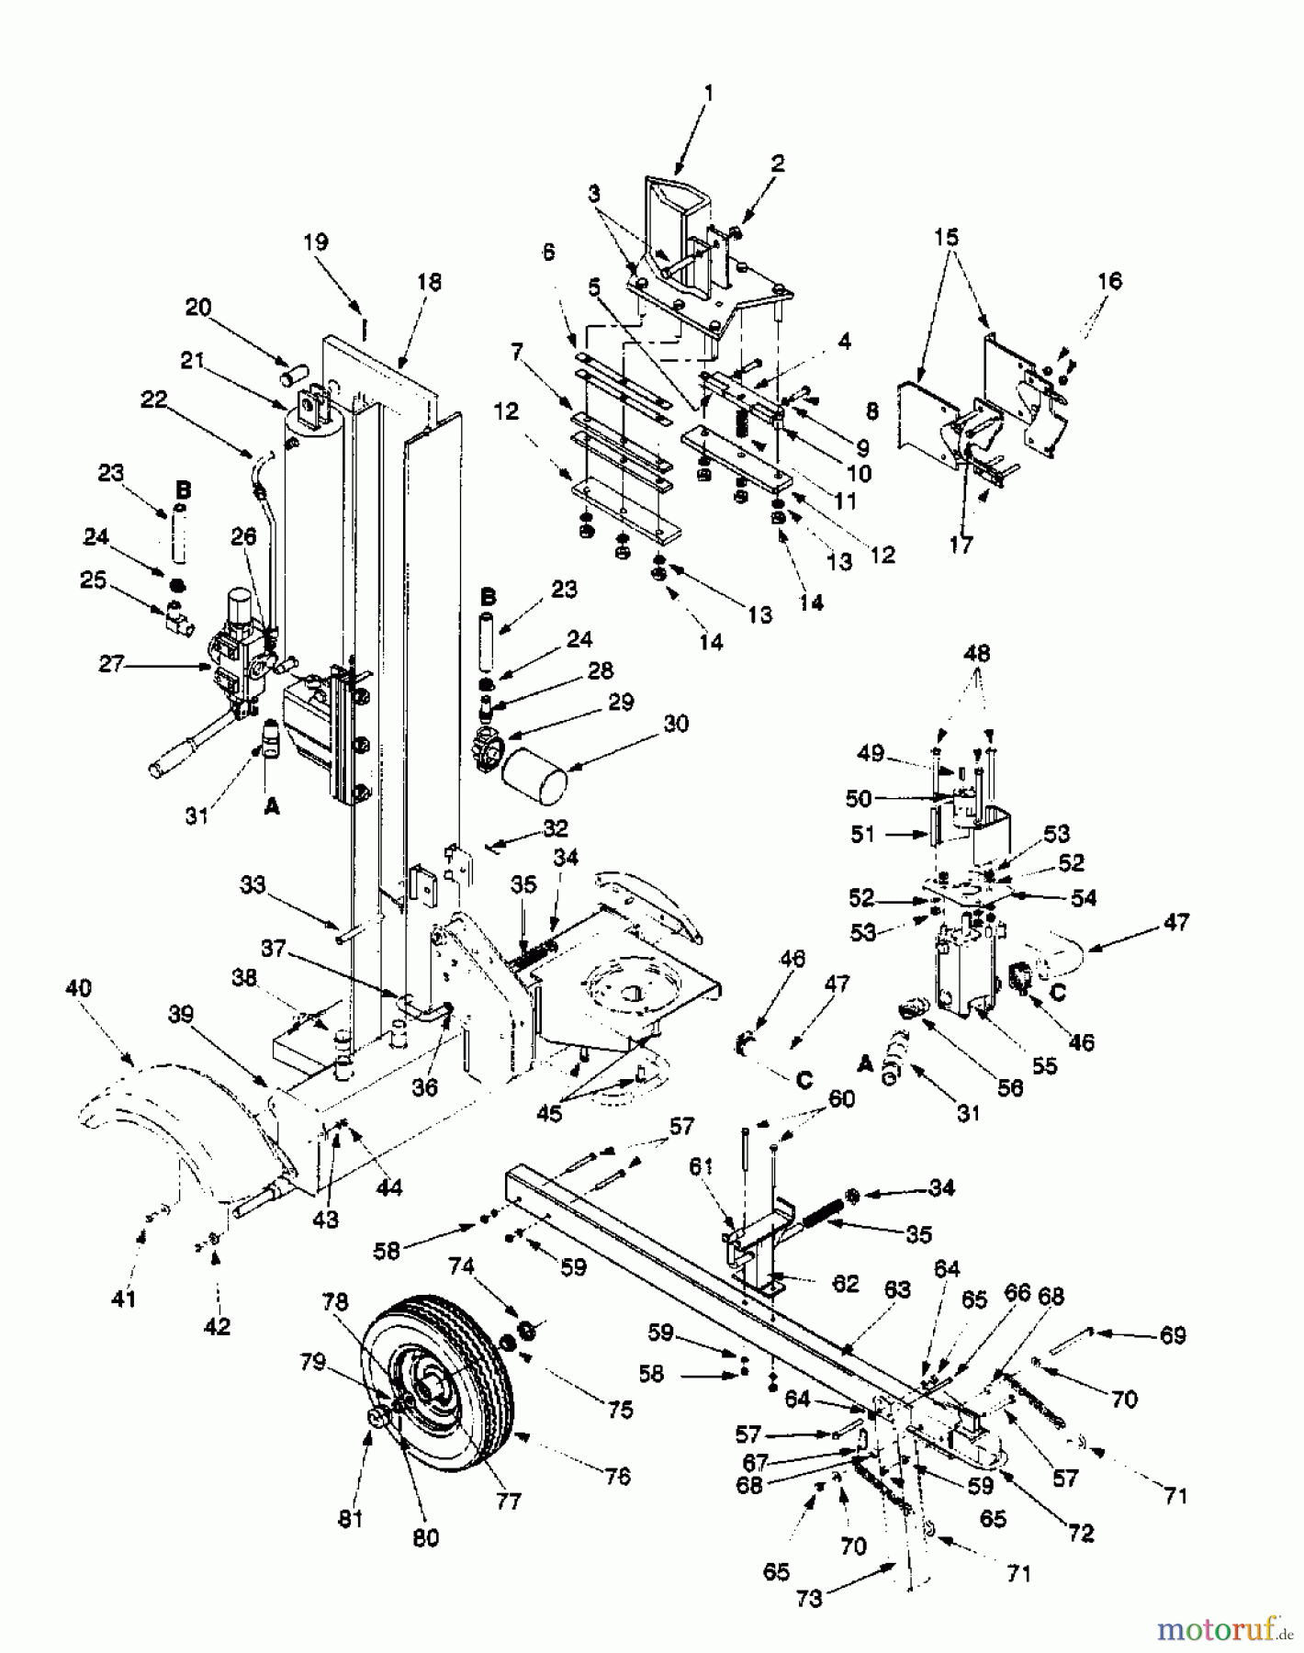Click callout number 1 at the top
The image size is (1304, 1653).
coord(708,93)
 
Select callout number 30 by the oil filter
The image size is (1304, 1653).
coord(676,725)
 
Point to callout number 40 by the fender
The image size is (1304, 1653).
coord(79,990)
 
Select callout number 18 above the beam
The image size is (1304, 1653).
coord(428,282)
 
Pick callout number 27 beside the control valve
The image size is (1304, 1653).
coord(111,664)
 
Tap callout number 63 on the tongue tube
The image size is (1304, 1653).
coord(897,1290)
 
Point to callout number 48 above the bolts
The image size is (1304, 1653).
coord(977,655)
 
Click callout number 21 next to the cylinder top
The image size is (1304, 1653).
coord(192,361)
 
